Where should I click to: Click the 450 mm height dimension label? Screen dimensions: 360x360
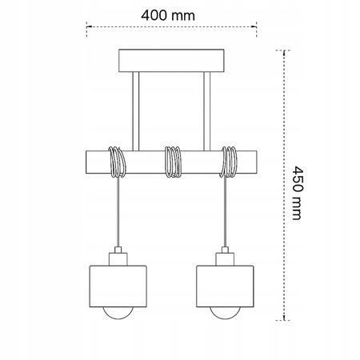297,192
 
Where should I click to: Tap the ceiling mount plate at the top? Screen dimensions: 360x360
172,60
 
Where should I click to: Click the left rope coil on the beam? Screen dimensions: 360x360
117,162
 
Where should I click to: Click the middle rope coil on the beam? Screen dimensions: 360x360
172,162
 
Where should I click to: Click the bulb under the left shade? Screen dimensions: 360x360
117,313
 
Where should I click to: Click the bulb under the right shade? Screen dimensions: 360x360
227,313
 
